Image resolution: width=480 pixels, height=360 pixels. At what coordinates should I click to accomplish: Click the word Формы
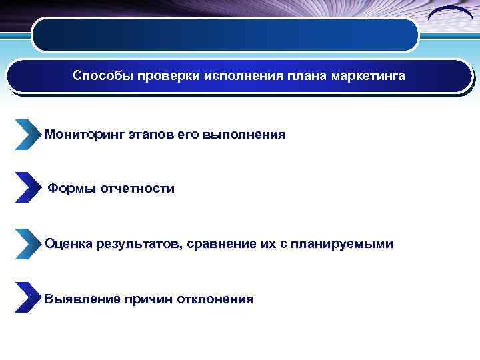(71, 189)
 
